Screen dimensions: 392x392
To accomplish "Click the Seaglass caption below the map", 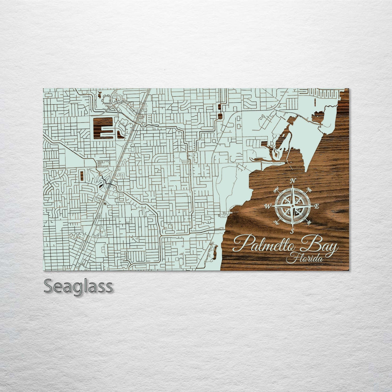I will coord(78,286).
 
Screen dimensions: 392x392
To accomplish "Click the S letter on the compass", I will coord(292,231).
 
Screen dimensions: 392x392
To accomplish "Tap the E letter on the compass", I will coord(316,206).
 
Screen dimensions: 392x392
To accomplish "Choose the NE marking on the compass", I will coord(308,190).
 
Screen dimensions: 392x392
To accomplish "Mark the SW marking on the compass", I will coord(276,223).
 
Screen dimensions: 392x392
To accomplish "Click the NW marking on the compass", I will coord(277,189).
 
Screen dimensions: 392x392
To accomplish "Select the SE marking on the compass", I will coord(309,223).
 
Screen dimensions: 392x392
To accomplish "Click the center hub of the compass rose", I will coord(292,206).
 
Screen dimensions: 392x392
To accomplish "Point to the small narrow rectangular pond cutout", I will coord(81,175).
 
